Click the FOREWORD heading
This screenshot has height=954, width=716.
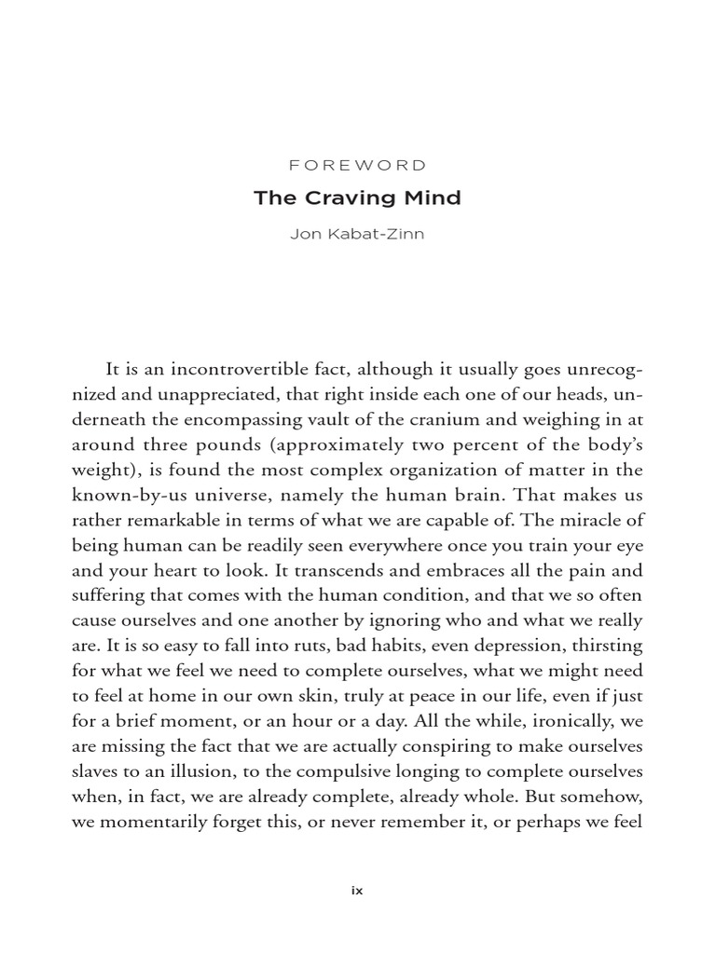[x=358, y=166]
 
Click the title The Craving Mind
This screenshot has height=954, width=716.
[x=358, y=198]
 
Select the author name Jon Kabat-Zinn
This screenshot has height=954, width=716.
[x=358, y=233]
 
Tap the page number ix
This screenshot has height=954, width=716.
[x=357, y=890]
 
